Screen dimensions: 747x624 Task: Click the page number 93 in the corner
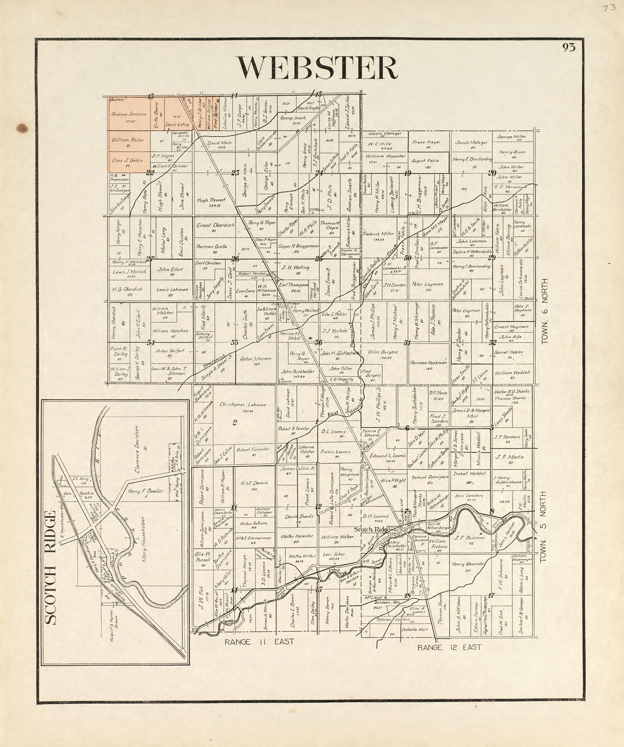click(x=568, y=47)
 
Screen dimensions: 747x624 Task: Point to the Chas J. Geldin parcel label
click(x=127, y=161)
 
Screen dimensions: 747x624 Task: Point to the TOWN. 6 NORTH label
click(x=544, y=311)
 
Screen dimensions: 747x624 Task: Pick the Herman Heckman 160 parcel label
click(x=428, y=363)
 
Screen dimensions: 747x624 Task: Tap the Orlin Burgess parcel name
click(x=383, y=352)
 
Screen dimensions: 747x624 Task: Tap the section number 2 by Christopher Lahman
click(x=234, y=423)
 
